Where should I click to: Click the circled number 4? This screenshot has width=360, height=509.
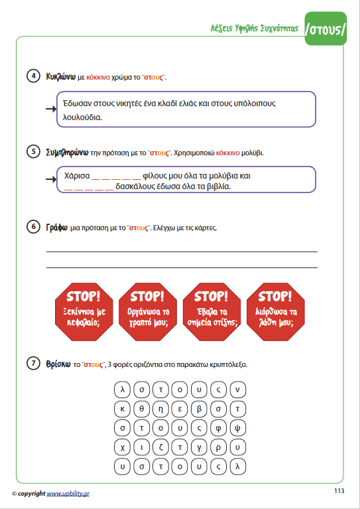(x=33, y=76)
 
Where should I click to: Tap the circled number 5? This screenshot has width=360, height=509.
(x=33, y=152)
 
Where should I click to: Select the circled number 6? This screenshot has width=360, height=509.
(x=33, y=226)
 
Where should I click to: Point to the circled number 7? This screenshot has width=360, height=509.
(x=33, y=363)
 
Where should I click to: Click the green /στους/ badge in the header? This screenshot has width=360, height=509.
(x=326, y=29)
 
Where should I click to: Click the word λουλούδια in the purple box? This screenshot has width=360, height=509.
(x=82, y=117)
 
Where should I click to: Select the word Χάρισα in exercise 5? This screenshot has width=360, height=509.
(x=77, y=176)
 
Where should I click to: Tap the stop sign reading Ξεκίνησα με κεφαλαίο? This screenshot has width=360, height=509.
(x=84, y=312)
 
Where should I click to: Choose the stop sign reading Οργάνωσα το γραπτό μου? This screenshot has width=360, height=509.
(x=148, y=312)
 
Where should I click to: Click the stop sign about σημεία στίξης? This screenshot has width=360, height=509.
(x=211, y=312)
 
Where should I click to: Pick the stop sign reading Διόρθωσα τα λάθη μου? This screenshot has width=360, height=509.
(x=276, y=312)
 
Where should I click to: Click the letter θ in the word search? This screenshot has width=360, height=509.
(x=141, y=409)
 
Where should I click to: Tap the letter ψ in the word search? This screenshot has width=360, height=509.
(x=237, y=428)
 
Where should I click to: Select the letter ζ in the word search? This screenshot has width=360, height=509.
(x=160, y=448)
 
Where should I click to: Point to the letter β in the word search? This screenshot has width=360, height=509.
(x=199, y=409)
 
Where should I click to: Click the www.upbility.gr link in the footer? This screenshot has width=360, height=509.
(x=68, y=494)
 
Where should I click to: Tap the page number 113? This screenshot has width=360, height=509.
(x=339, y=491)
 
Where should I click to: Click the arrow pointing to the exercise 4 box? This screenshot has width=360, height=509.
(x=51, y=109)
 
